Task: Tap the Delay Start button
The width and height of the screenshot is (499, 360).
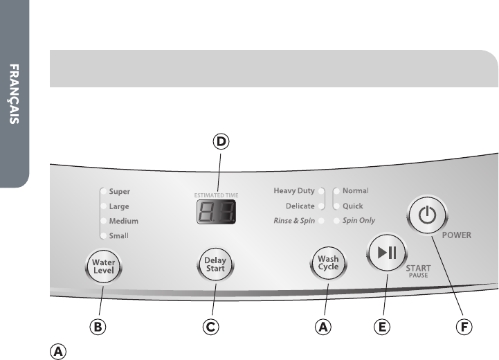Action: [x=215, y=264]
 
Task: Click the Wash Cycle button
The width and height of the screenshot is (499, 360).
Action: [x=328, y=264]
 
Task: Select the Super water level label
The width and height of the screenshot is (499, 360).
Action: [x=118, y=192]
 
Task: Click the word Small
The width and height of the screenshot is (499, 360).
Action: [x=118, y=236]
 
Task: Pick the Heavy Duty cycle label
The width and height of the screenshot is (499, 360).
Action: [x=294, y=190]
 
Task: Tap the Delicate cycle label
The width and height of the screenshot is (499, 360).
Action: [x=300, y=206]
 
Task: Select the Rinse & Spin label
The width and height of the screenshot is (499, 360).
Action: [x=294, y=221]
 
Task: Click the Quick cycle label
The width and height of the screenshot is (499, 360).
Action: [x=353, y=206]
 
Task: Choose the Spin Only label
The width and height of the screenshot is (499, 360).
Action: [x=359, y=221]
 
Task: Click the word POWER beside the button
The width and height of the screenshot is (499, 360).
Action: [x=456, y=235]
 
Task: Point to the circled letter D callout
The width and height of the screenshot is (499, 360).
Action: [x=220, y=143]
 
